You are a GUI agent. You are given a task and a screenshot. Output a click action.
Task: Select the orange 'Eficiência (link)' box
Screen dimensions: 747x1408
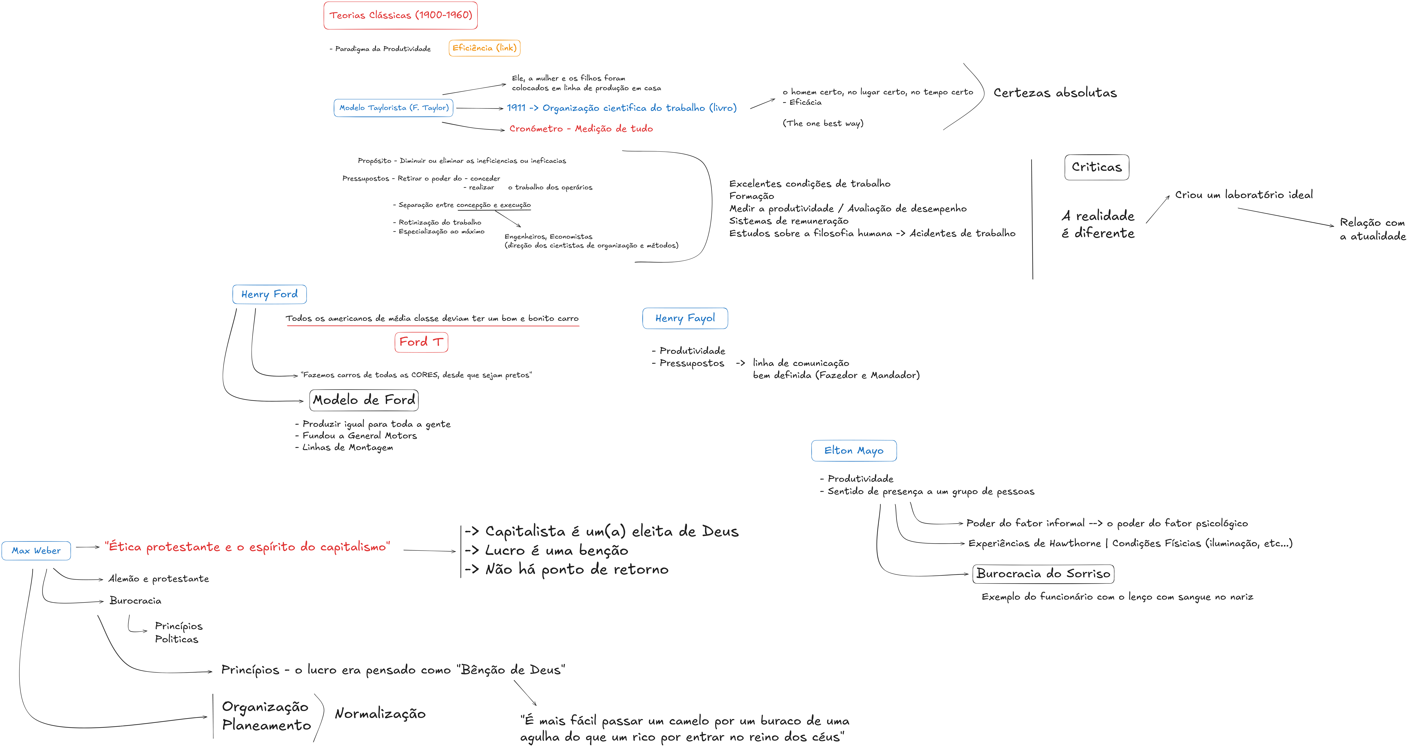tap(484, 48)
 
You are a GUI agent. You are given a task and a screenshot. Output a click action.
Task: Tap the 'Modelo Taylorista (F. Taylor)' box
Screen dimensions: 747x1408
tap(394, 108)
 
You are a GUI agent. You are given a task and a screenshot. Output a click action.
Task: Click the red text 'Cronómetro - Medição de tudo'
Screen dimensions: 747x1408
tap(581, 128)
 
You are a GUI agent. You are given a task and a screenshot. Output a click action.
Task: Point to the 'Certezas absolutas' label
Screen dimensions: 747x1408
tap(1055, 93)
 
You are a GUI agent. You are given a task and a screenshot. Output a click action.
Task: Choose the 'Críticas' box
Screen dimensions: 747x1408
tap(1096, 167)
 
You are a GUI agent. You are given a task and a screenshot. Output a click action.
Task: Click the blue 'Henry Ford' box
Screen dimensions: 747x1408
tap(269, 295)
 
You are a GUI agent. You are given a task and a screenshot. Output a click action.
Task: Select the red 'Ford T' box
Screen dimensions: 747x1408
tap(421, 342)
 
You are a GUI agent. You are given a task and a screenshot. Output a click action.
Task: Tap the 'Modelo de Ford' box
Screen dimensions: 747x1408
tap(364, 400)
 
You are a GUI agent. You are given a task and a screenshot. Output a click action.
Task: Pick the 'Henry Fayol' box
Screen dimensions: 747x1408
tap(685, 318)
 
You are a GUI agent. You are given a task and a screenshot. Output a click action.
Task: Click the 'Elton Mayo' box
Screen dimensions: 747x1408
tap(854, 451)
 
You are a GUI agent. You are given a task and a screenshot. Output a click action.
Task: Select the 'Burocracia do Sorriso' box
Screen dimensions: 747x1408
tap(1043, 574)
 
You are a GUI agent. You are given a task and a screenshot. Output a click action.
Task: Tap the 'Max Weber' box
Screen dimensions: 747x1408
tap(36, 551)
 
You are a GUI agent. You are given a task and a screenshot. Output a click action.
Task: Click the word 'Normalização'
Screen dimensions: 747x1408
tap(380, 714)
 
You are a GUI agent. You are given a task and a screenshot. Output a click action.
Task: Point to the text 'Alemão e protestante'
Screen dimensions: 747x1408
tap(159, 579)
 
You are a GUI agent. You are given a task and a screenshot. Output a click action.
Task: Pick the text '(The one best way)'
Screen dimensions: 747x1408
tap(823, 123)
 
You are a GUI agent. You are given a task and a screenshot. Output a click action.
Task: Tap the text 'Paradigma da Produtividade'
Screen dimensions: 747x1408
tap(383, 49)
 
